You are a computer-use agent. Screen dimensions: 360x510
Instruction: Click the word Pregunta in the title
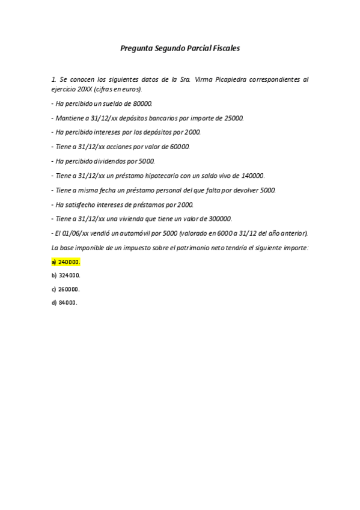click(136, 48)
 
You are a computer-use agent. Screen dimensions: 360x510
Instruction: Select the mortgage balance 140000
click(252, 176)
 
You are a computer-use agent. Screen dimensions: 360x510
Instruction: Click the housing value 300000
click(220, 219)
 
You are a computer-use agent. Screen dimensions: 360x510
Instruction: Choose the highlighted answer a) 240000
click(66, 262)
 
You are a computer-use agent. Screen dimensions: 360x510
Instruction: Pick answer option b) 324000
click(66, 275)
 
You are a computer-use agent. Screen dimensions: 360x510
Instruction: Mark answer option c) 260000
click(66, 289)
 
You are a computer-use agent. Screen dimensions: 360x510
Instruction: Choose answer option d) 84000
click(64, 303)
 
